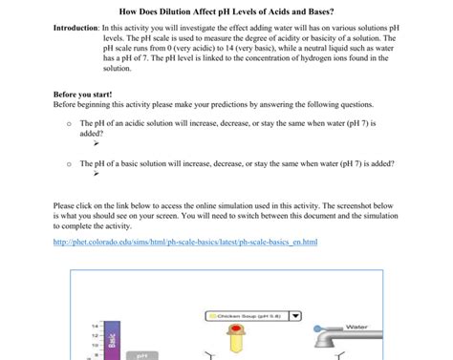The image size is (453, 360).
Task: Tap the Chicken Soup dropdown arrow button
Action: click(x=295, y=315)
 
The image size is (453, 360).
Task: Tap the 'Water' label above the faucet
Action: click(x=356, y=327)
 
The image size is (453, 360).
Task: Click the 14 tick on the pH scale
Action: click(x=95, y=326)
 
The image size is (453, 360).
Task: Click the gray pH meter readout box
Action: click(x=141, y=355)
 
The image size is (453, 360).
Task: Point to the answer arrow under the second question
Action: click(x=96, y=174)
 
